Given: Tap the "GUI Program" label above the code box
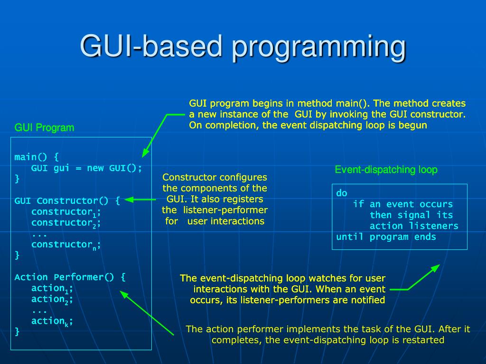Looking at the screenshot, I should click(x=44, y=127).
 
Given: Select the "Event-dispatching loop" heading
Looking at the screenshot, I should click(x=386, y=170).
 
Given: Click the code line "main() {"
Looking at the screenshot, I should click(x=37, y=157).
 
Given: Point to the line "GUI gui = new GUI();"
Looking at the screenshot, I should click(x=86, y=168).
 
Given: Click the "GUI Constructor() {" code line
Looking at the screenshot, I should click(x=67, y=200).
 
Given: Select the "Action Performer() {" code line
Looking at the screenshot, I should click(x=70, y=277).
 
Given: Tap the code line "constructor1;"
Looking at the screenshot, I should click(x=66, y=212).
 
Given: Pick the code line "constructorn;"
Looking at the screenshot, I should click(x=66, y=245).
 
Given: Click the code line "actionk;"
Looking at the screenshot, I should click(x=52, y=321).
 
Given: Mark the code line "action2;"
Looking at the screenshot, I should click(x=52, y=300).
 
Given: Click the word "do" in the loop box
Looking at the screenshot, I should click(x=342, y=193).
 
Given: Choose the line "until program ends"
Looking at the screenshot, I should click(x=386, y=237).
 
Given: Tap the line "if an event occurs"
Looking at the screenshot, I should click(x=403, y=204).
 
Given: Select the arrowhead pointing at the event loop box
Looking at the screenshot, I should click(x=436, y=268).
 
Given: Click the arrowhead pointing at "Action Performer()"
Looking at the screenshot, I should click(x=124, y=294).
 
